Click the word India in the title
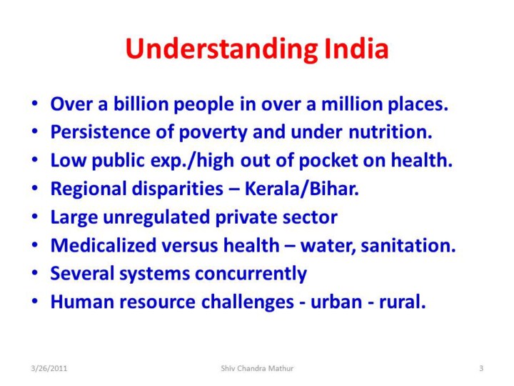click(x=356, y=49)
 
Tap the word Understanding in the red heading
click(x=221, y=50)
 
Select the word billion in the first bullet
click(x=141, y=104)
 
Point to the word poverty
click(x=213, y=133)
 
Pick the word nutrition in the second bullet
click(x=390, y=132)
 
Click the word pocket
click(x=328, y=161)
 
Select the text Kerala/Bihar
click(x=302, y=189)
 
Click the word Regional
click(x=89, y=189)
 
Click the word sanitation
click(x=408, y=246)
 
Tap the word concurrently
click(x=251, y=274)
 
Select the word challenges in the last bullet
click(x=248, y=302)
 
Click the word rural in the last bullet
click(x=402, y=302)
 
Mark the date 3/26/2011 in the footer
click(x=49, y=368)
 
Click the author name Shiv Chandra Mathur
click(x=257, y=368)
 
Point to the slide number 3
click(x=481, y=368)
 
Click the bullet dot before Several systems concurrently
click(x=35, y=273)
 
